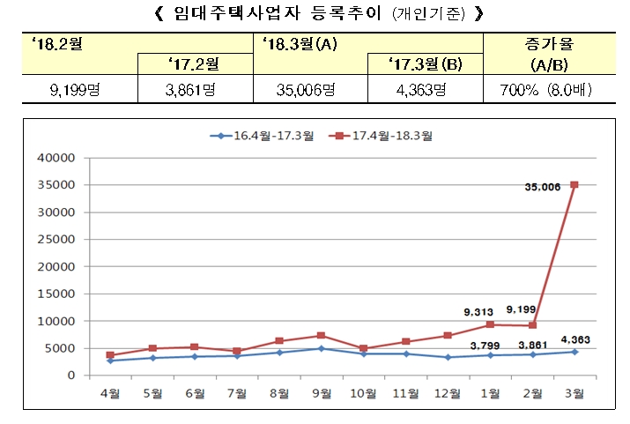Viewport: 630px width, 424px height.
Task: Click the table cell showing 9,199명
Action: (79, 89)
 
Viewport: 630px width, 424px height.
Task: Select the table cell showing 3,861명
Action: (195, 89)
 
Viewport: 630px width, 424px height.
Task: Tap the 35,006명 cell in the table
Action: (310, 89)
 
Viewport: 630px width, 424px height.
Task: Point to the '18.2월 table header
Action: (54, 41)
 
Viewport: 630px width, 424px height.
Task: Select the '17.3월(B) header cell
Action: (426, 64)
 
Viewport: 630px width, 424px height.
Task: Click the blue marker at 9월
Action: (322, 349)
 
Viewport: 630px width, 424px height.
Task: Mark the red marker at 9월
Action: (322, 336)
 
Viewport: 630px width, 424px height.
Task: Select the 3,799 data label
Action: (486, 345)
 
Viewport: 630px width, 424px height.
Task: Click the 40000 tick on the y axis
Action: (60, 158)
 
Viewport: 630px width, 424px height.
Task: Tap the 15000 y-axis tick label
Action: (60, 294)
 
